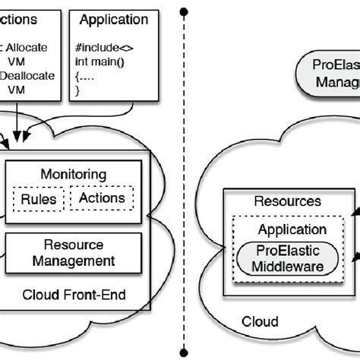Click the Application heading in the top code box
pyautogui.click(x=113, y=19)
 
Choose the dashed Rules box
pyautogui.click(x=39, y=199)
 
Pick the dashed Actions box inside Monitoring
pyautogui.click(x=102, y=199)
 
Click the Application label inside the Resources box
pyautogui.click(x=292, y=229)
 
